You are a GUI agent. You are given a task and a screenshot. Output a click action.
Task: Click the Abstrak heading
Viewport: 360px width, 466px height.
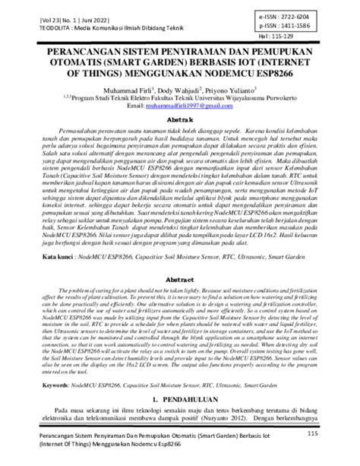point(179,121)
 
